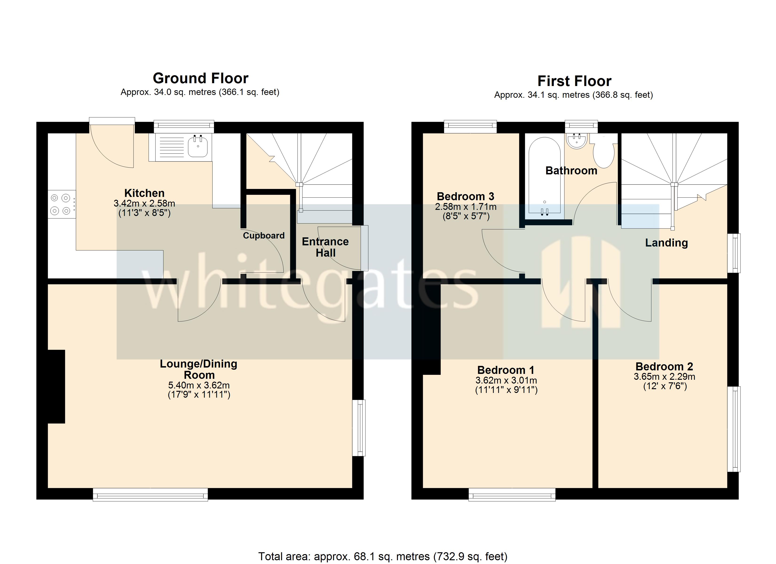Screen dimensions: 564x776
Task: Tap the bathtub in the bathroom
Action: click(544, 176)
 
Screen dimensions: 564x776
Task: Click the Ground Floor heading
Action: click(201, 78)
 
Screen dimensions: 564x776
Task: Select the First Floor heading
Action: click(574, 81)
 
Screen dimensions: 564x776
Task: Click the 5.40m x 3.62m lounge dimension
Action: click(199, 385)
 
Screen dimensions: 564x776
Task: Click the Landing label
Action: click(666, 243)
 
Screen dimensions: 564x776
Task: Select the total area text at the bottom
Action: click(383, 556)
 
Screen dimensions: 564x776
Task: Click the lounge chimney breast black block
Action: click(56, 387)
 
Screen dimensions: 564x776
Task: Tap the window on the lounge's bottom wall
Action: click(150, 494)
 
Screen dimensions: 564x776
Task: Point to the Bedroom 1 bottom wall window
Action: click(512, 494)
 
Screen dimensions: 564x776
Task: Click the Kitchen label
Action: click(144, 193)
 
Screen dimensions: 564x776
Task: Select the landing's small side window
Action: click(734, 253)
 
